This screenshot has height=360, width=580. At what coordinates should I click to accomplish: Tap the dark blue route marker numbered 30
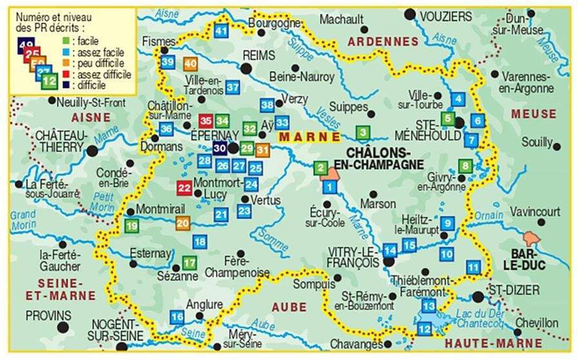[220, 148]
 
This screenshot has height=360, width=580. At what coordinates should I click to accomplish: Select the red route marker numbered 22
[184, 188]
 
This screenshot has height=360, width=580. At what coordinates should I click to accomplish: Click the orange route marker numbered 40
[190, 64]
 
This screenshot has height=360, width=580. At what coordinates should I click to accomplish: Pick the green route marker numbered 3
[363, 133]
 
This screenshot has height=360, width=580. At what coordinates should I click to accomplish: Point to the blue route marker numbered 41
[222, 30]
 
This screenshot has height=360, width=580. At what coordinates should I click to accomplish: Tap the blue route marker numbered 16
[177, 317]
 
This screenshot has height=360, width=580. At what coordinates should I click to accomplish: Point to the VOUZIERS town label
[446, 16]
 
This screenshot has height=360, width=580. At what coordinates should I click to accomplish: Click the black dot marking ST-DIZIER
[477, 297]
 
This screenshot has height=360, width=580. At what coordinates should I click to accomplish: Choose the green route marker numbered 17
[189, 263]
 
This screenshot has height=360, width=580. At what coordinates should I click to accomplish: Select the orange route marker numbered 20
[183, 223]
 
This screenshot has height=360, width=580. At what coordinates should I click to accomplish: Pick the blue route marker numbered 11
[474, 267]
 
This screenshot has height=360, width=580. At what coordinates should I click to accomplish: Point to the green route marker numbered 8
[465, 166]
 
